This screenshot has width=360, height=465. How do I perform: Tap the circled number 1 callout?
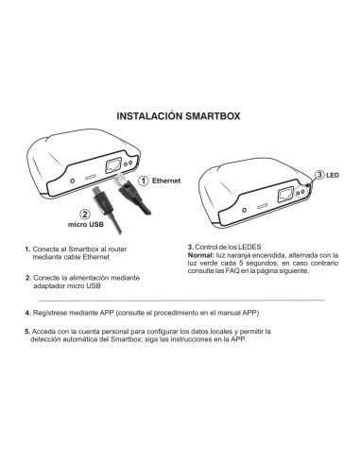pos(144,179)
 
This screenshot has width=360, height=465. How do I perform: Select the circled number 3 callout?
pos(319,175)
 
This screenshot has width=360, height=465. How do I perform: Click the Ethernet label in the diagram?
pos(166,179)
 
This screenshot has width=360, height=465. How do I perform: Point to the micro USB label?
pos(85,226)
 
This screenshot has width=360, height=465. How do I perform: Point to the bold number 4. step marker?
pos(27,311)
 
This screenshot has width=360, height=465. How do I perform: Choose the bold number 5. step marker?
pos(27,332)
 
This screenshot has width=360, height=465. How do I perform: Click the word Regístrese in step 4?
pos(51,311)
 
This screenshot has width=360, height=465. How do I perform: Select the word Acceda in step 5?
pos(44,332)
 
